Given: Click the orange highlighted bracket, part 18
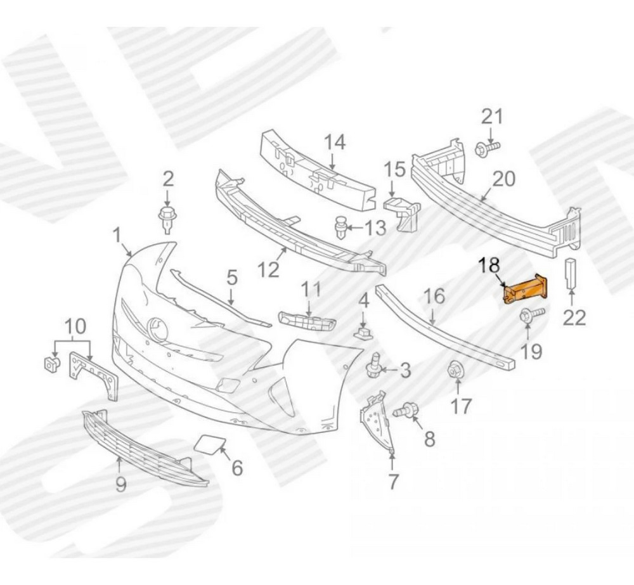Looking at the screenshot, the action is tap(524, 288).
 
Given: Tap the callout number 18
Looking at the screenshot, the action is tap(489, 266).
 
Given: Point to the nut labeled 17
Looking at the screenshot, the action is tap(455, 370).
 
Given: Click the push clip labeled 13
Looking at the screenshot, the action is tap(341, 227).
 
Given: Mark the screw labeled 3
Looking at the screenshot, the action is tap(375, 366).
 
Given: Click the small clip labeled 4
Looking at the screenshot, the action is tap(362, 334).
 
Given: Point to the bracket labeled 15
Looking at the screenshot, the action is tap(403, 213).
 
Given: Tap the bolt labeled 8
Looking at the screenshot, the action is tap(406, 411).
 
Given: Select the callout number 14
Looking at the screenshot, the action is tap(335, 143).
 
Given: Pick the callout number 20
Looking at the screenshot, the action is tap(503, 178).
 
